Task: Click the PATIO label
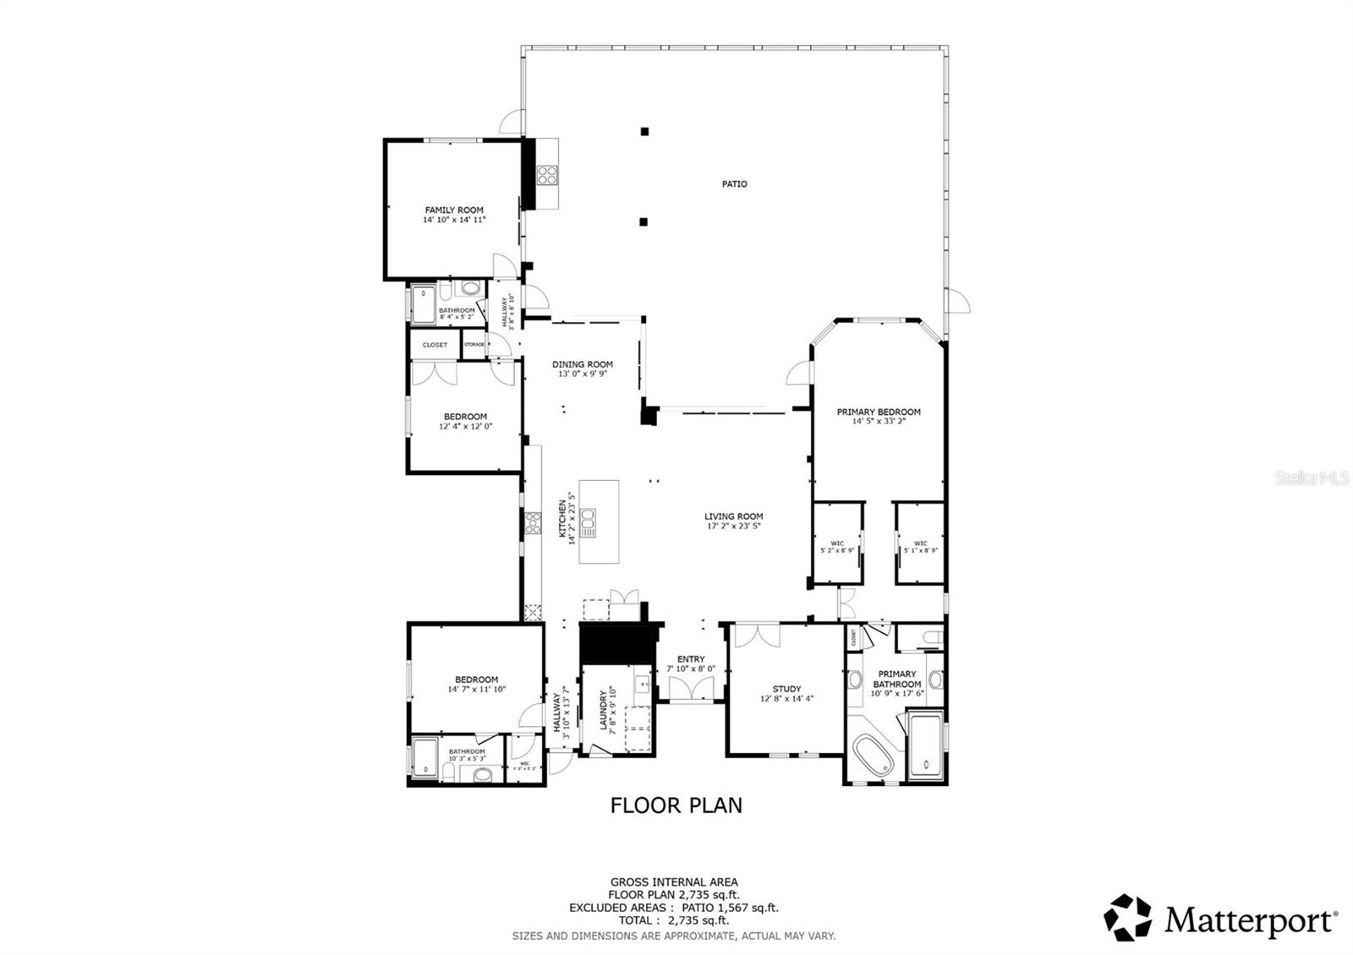click(x=734, y=183)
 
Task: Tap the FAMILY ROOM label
click(x=454, y=210)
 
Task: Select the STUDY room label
click(x=786, y=689)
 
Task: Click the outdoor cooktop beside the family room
click(x=547, y=175)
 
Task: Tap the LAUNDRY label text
click(x=604, y=711)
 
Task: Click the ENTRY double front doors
click(x=691, y=688)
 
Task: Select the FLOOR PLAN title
click(x=676, y=805)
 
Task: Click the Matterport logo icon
click(x=1128, y=918)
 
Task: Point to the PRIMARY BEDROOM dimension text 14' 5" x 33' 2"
click(x=879, y=420)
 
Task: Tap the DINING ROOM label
click(x=583, y=364)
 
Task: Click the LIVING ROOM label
click(x=734, y=516)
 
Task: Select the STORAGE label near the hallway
click(x=474, y=345)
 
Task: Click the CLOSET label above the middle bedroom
click(x=435, y=345)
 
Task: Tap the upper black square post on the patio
click(x=644, y=131)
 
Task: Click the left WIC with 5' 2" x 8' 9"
click(x=837, y=545)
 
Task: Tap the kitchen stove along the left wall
click(x=533, y=523)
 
